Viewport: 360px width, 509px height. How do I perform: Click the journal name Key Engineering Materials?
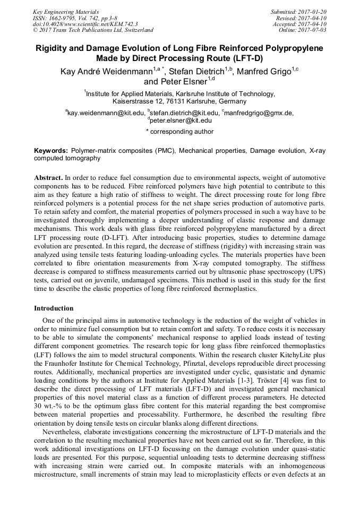point(66,11)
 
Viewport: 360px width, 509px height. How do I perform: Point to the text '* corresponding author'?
point(179,132)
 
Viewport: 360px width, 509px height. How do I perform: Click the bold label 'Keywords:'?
point(51,151)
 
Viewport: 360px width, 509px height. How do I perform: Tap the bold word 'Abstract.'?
point(48,177)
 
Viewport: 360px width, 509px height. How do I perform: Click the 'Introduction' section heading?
point(54,308)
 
